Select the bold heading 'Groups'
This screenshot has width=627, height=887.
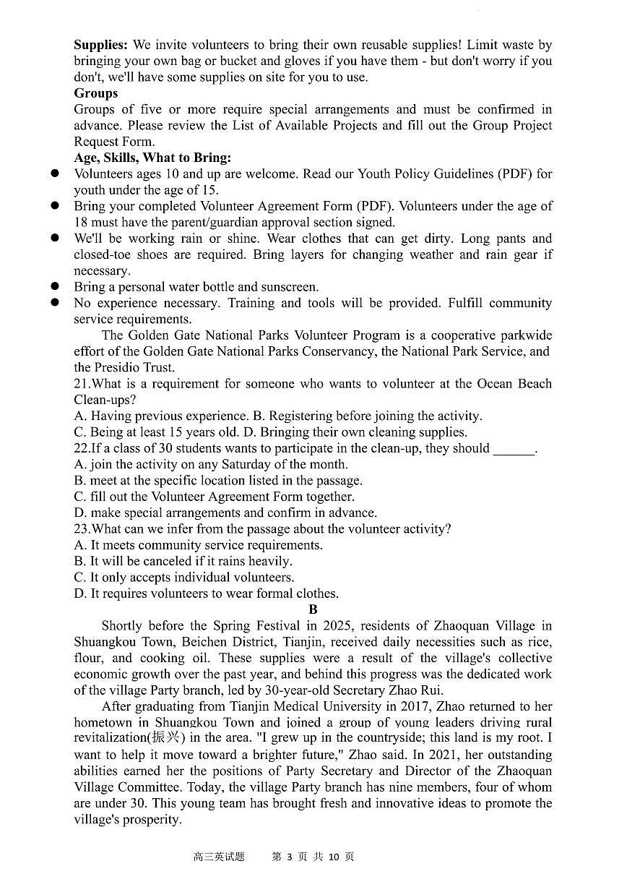click(95, 93)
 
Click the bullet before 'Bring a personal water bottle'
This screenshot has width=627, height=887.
click(54, 287)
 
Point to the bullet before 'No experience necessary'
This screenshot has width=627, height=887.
click(54, 303)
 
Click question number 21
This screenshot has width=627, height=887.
click(82, 384)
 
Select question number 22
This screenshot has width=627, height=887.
click(82, 448)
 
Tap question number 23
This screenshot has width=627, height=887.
click(82, 529)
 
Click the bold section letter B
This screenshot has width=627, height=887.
click(313, 610)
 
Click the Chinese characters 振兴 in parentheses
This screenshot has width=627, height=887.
click(170, 739)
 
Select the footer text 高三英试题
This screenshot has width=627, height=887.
click(219, 857)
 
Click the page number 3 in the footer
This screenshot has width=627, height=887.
click(288, 857)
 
